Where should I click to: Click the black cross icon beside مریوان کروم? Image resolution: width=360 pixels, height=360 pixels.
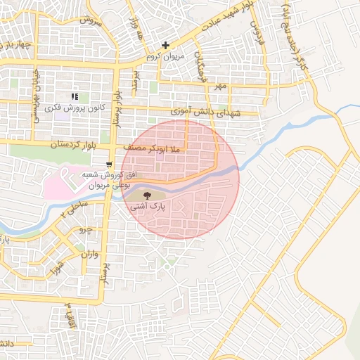click(x=166, y=46)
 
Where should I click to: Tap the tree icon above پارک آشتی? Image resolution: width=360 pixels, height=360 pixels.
click(x=147, y=195)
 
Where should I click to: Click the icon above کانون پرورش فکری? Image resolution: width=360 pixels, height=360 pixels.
click(x=75, y=97)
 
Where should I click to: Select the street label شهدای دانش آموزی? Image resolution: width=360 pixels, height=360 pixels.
click(x=206, y=112)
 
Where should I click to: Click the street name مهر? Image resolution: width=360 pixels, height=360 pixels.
click(x=222, y=86)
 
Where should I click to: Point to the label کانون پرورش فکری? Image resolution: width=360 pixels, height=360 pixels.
click(x=75, y=109)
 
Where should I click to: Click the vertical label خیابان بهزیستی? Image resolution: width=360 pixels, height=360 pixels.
click(x=34, y=98)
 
